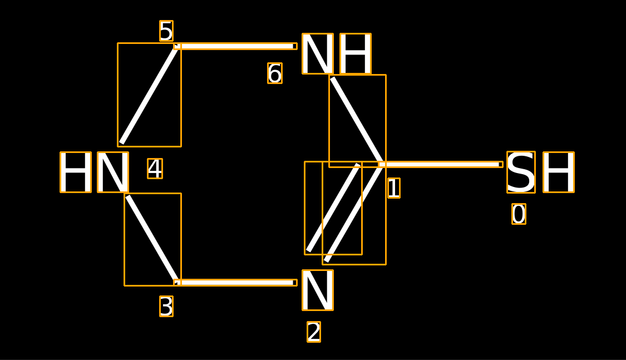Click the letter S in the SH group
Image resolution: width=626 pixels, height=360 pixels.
521,172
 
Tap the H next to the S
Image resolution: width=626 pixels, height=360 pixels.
559,172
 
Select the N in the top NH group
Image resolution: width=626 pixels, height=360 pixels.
318,53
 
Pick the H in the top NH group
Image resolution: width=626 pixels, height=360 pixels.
356,53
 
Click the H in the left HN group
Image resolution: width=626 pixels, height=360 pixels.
76,172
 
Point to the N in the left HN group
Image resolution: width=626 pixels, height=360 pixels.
113,172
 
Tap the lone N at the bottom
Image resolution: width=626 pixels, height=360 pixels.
318,290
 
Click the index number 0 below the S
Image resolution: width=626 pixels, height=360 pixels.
519,214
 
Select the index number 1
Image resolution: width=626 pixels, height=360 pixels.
393,188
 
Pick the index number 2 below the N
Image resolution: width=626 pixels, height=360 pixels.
314,332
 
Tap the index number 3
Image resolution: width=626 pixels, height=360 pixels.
166,306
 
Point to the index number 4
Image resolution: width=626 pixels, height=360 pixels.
155,169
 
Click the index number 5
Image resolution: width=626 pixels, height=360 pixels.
166,31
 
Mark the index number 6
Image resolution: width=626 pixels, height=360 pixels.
275,73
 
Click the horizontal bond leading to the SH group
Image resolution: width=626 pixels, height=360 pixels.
441,165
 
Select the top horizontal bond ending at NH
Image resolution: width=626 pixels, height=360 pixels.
235,46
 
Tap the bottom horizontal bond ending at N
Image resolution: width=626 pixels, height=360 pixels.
235,283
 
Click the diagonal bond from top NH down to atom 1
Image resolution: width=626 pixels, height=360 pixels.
357,121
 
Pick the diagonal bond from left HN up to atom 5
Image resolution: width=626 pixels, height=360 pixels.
149,95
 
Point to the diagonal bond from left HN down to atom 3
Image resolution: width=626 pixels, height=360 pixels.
152,239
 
